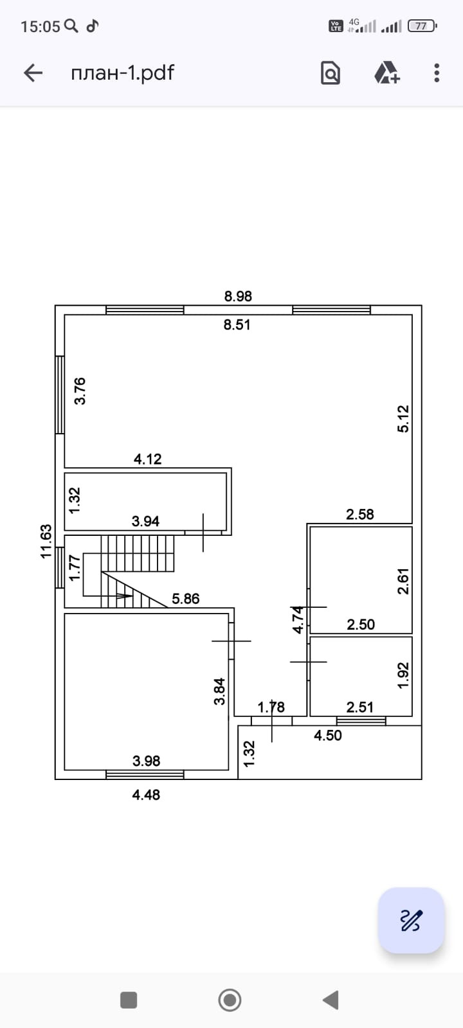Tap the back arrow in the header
(33, 73)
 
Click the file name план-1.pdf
(122, 73)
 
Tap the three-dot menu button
(437, 73)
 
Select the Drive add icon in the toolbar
(387, 73)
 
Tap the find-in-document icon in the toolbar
(330, 73)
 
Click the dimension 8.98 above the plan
(238, 296)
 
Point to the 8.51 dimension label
(237, 324)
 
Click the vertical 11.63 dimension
(46, 541)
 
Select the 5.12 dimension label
(403, 418)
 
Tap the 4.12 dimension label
(147, 459)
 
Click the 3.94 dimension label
(145, 521)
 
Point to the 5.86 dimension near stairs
(185, 599)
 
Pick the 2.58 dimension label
(359, 514)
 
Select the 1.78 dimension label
(271, 707)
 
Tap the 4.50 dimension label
(327, 736)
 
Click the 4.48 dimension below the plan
(146, 795)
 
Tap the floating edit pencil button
(412, 920)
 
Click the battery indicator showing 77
(422, 26)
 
